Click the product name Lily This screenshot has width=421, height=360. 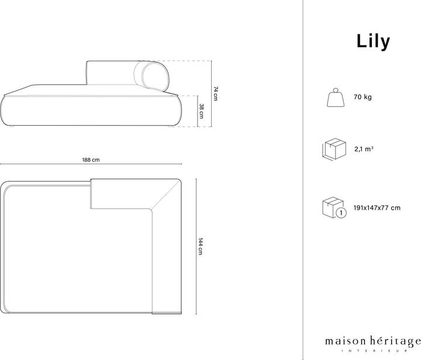point(373,41)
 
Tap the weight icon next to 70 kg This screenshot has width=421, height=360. point(335,97)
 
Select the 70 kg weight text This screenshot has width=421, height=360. point(362,97)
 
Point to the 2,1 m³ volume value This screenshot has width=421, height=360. point(364,149)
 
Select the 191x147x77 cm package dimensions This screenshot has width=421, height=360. point(377,207)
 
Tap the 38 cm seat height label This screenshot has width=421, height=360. point(201,111)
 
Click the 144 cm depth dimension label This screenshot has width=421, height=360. point(201,248)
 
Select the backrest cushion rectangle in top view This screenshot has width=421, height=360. point(119,193)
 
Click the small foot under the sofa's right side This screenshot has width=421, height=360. point(168,126)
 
